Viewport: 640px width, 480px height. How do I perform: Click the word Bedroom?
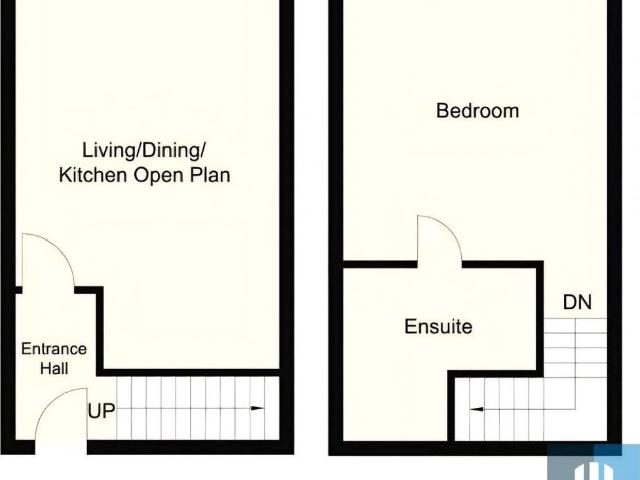click(x=477, y=111)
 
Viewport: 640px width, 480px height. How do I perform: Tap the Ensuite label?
click(x=438, y=327)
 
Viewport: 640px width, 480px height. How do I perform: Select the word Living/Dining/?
click(x=144, y=151)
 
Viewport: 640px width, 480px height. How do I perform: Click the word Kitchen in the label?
click(x=92, y=175)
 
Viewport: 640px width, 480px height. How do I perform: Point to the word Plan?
click(x=210, y=175)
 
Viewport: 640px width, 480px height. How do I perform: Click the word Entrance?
click(x=54, y=349)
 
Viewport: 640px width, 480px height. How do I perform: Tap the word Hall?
click(x=54, y=368)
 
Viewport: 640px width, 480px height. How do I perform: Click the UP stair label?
click(x=101, y=410)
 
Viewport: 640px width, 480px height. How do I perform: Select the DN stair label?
click(x=576, y=302)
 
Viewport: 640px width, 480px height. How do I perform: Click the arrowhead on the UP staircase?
click(x=259, y=409)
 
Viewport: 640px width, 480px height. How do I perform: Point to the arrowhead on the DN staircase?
click(x=476, y=409)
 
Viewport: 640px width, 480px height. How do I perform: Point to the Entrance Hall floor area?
click(x=60, y=320)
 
